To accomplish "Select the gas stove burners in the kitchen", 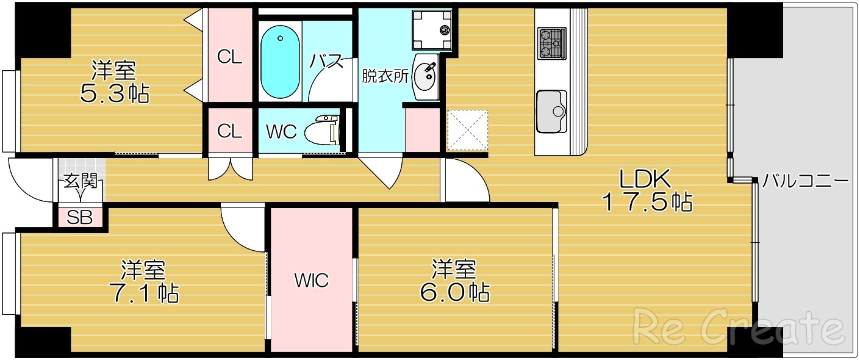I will tap(551, 43).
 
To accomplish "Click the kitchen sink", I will tap(551, 112).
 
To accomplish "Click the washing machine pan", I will tap(431, 30).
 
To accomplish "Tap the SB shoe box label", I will tap(80, 217).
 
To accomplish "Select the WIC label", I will tap(311, 281).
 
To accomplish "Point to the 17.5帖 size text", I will tap(647, 202).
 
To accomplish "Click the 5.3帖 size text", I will tap(114, 93).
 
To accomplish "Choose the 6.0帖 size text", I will tap(454, 293).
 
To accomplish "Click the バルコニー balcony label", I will tap(805, 181).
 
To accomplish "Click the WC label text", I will tap(281, 131).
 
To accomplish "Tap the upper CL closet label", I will tap(230, 58).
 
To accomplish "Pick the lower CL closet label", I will tap(230, 131).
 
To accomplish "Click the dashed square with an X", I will tap(467, 130).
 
